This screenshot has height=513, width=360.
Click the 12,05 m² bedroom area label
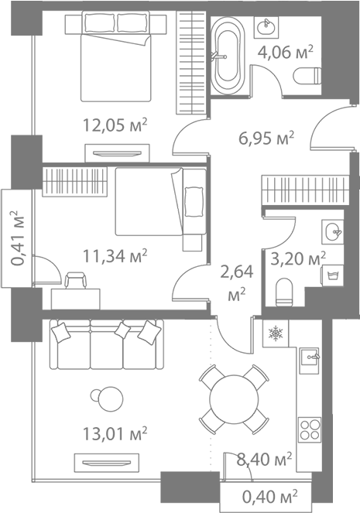pyautogui.click(x=115, y=125)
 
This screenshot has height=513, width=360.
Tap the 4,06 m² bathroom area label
pyautogui.click(x=286, y=52)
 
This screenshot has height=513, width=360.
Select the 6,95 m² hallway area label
pyautogui.click(x=266, y=139)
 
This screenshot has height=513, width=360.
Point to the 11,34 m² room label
pyautogui.click(x=115, y=255)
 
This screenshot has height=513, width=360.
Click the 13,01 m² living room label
pyautogui.click(x=115, y=434)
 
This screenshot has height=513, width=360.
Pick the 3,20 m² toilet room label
pyautogui.click(x=298, y=259)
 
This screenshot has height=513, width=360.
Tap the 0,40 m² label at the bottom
pyautogui.click(x=270, y=497)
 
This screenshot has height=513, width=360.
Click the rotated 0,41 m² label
pyautogui.click(x=18, y=238)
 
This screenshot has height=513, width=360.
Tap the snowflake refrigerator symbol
pyautogui.click(x=276, y=333)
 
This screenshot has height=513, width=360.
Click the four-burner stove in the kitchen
pyautogui.click(x=310, y=429)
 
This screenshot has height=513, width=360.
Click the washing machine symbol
pyautogui.click(x=333, y=275)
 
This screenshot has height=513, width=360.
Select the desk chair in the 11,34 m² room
pyautogui.click(x=76, y=280)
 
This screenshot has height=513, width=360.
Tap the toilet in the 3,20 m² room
pyautogui.click(x=284, y=292)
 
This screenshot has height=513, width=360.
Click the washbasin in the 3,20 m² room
pyautogui.click(x=333, y=231)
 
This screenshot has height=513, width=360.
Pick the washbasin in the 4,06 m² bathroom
pyautogui.click(x=266, y=26)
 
